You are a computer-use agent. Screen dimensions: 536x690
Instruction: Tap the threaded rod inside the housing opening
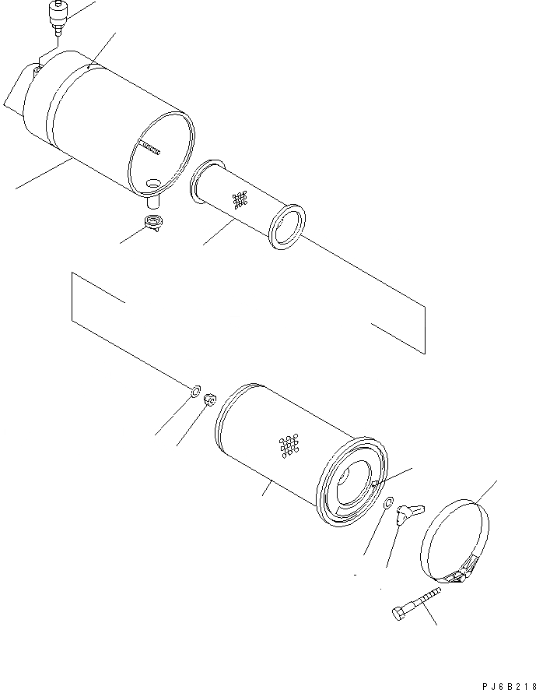pyautogui.click(x=149, y=147)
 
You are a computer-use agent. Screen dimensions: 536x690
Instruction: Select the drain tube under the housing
pyautogui.click(x=152, y=202)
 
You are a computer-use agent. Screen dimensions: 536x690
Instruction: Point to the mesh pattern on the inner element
pyautogui.click(x=240, y=199)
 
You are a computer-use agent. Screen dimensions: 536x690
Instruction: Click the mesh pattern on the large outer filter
pyautogui.click(x=289, y=446)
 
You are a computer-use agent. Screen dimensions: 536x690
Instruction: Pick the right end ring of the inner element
pyautogui.click(x=288, y=227)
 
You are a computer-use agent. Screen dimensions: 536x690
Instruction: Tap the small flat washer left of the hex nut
pyautogui.click(x=194, y=390)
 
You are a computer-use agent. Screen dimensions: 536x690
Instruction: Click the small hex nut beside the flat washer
pyautogui.click(x=210, y=400)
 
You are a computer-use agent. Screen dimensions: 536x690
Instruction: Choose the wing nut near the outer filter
pyautogui.click(x=408, y=513)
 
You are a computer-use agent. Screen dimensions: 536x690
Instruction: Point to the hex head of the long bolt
pyautogui.click(x=399, y=614)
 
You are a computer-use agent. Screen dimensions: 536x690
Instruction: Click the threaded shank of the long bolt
pyautogui.click(x=423, y=600)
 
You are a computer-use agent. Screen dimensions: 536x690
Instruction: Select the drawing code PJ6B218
pyautogui.click(x=509, y=685)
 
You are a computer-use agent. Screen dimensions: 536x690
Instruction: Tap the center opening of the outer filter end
pyautogui.click(x=354, y=482)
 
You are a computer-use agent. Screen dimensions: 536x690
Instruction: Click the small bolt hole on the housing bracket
pyautogui.click(x=38, y=69)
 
